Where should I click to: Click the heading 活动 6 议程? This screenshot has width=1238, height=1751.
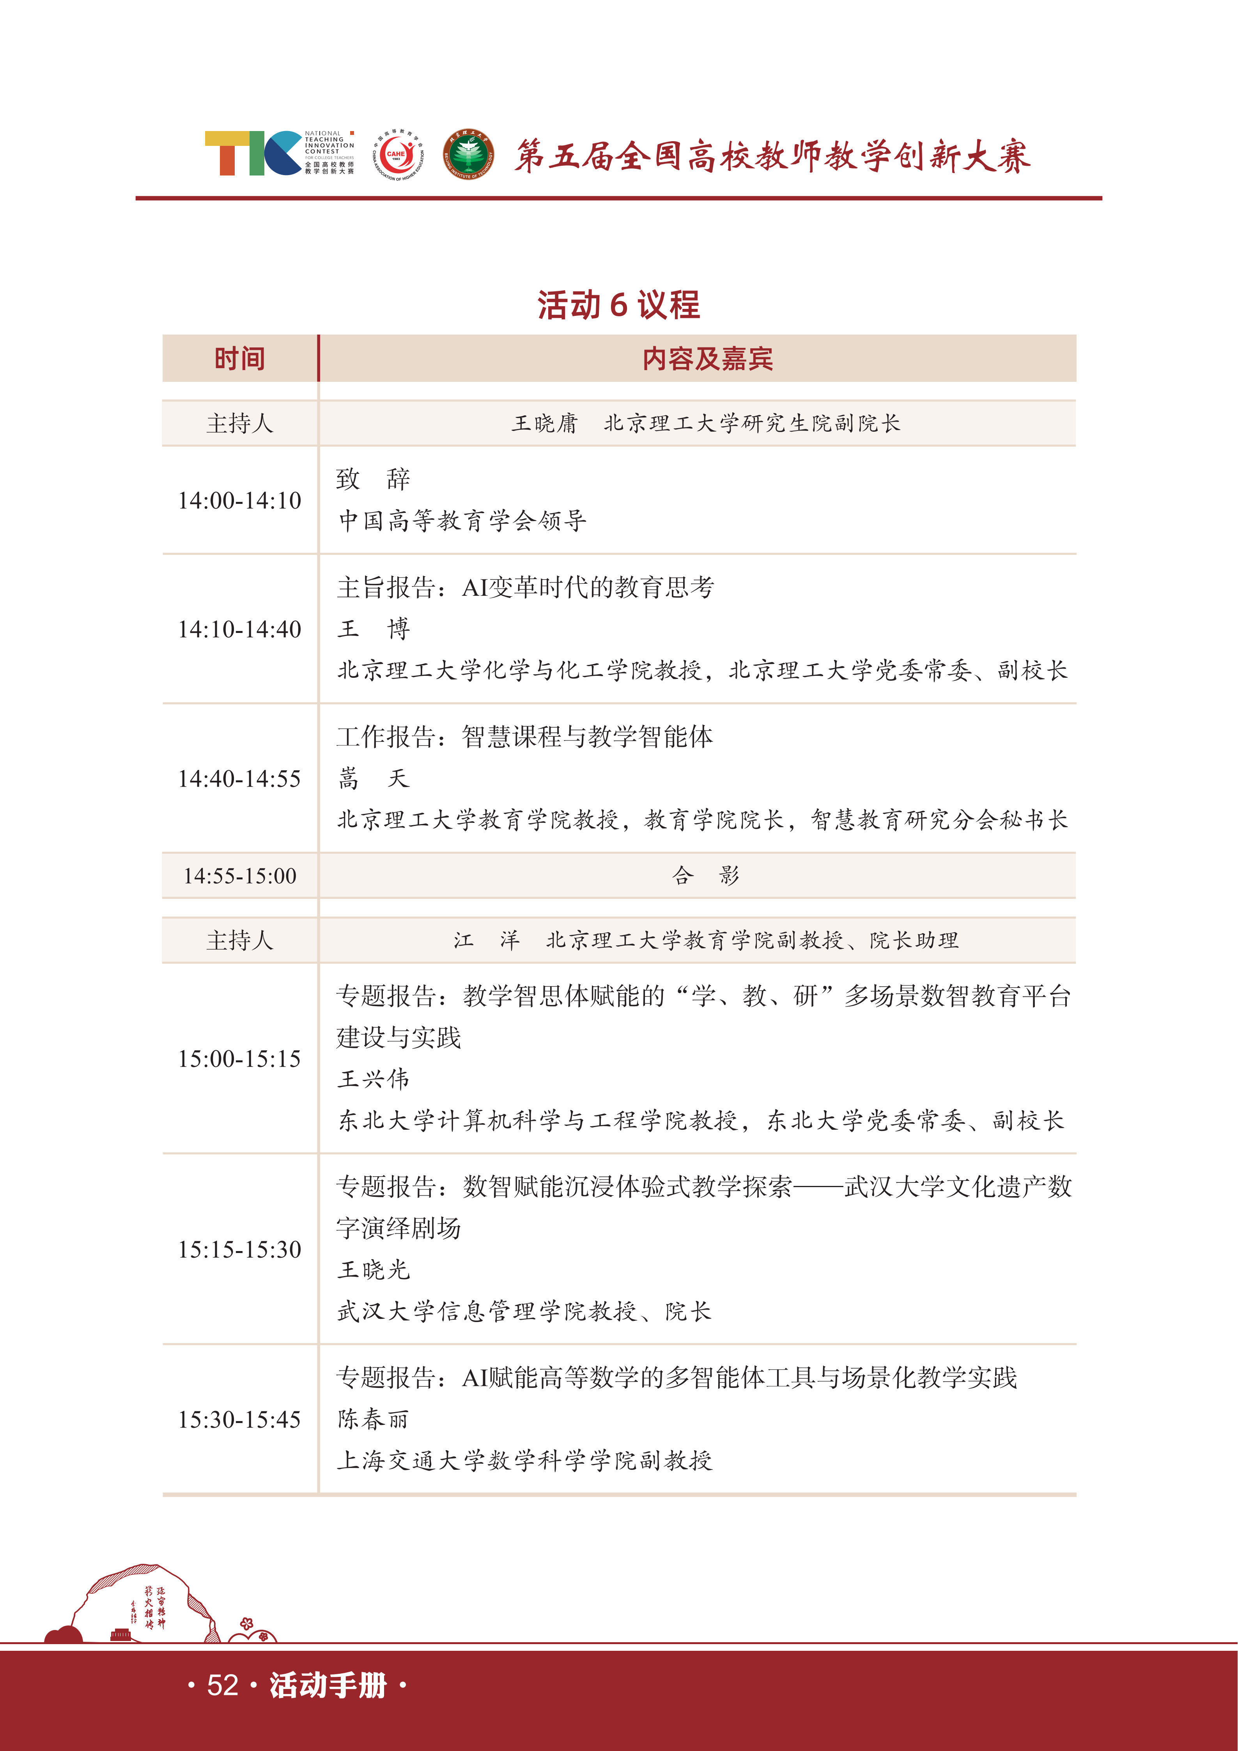click(618, 305)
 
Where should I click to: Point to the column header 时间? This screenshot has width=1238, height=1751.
click(239, 358)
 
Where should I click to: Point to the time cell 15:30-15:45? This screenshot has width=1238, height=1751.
click(239, 1420)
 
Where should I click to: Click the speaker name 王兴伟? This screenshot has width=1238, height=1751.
click(374, 1079)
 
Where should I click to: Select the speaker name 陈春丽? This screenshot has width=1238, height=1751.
click(374, 1419)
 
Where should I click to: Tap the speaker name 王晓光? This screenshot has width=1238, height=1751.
click(374, 1270)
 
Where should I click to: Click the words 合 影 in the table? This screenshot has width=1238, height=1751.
click(706, 875)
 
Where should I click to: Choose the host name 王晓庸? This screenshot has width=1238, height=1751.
click(545, 423)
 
